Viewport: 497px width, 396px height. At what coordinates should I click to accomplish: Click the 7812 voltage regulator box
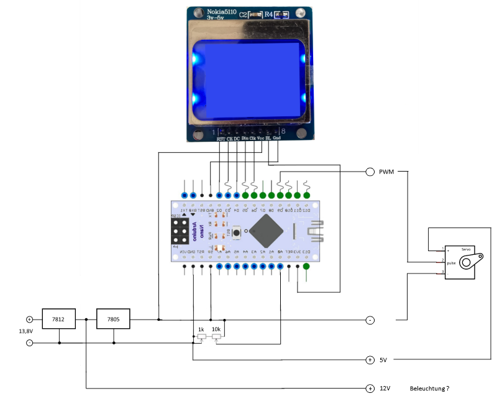(x=58, y=320)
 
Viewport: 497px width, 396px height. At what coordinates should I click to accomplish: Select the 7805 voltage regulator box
(x=113, y=320)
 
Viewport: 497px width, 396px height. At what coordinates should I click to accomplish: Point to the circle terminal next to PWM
(x=370, y=172)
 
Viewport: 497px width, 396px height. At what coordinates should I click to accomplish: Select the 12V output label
(x=385, y=388)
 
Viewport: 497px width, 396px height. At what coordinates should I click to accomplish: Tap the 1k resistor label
(x=201, y=329)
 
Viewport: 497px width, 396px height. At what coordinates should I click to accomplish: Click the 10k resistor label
(x=216, y=329)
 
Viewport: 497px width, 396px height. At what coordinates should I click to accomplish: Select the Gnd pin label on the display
(x=276, y=139)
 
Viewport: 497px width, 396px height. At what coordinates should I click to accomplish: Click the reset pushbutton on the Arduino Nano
(x=237, y=231)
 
